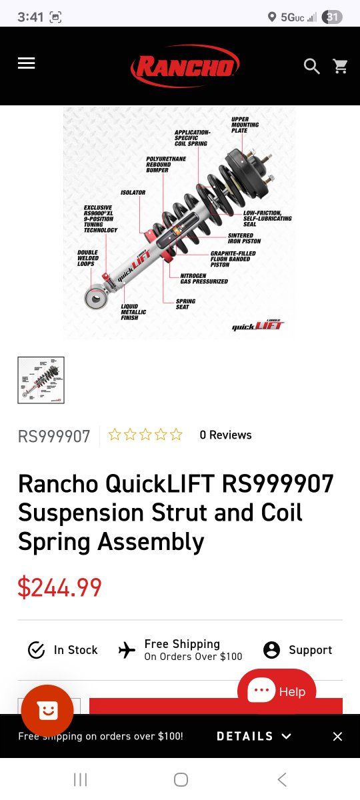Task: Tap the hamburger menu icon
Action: click(27, 63)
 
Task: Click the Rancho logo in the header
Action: click(185, 66)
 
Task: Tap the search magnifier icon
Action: click(311, 67)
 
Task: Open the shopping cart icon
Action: click(340, 66)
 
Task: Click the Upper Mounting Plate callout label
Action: click(245, 125)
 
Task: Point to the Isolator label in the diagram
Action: click(133, 193)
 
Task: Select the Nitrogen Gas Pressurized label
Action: click(204, 279)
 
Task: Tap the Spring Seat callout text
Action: click(185, 304)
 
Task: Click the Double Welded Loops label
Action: click(88, 258)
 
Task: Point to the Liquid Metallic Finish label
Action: click(133, 312)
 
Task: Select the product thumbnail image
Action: click(41, 380)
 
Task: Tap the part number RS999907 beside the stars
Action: click(54, 436)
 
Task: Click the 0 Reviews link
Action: click(226, 435)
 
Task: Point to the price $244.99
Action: click(59, 587)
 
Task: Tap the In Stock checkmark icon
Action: click(36, 650)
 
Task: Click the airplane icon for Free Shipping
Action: click(127, 650)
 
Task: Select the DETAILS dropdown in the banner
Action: click(254, 736)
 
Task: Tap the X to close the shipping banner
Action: click(337, 736)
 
